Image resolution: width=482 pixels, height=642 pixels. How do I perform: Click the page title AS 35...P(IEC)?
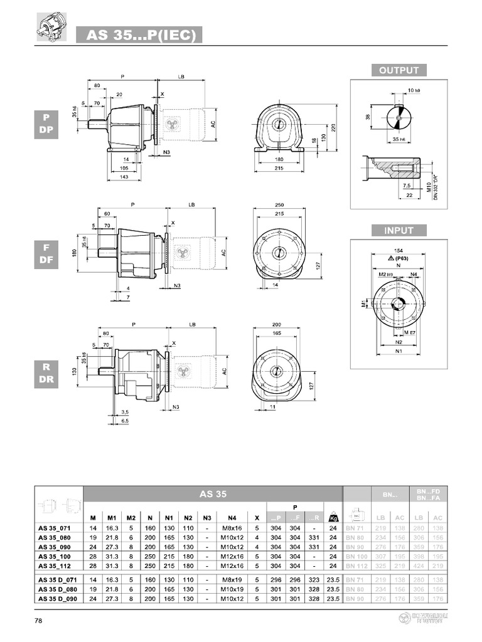click(139, 35)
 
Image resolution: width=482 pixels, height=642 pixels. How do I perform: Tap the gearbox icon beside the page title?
click(49, 29)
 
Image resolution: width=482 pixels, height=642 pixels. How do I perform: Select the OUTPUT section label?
click(399, 70)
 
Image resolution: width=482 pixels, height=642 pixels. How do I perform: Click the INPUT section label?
click(399, 230)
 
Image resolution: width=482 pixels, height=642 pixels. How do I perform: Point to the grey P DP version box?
click(46, 124)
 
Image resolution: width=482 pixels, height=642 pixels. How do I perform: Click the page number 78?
click(39, 621)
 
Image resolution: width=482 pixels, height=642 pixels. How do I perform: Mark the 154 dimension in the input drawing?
click(399, 250)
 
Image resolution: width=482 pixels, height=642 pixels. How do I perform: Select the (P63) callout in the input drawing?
click(399, 257)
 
